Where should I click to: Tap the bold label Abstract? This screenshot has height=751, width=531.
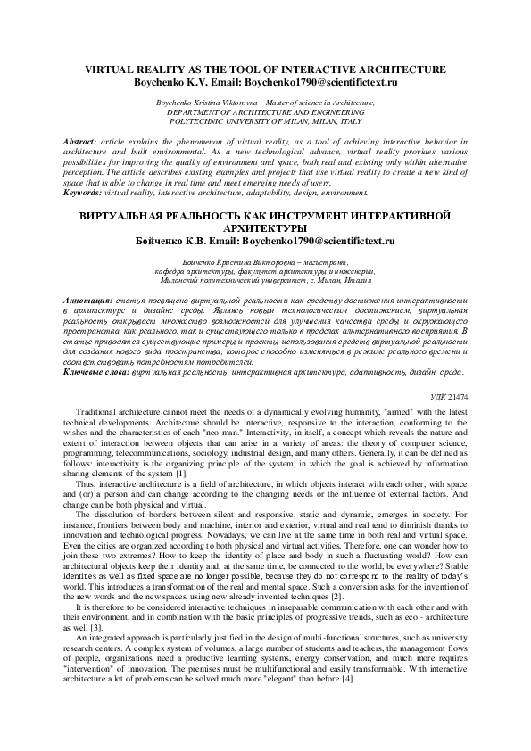coord(82,142)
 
